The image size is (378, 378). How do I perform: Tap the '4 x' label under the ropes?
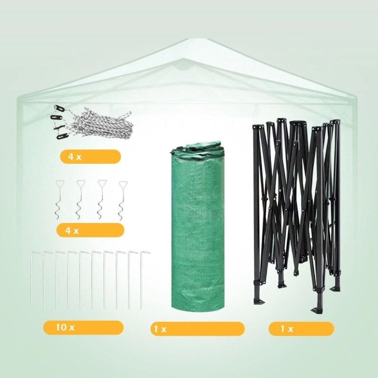(75, 157)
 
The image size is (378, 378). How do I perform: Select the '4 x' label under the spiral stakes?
(72, 231)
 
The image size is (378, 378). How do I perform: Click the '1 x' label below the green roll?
(160, 329)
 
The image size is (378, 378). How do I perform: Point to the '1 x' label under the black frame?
(287, 329)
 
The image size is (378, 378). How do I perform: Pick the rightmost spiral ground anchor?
(123, 201)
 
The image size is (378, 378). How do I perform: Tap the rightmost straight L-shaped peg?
(142, 280)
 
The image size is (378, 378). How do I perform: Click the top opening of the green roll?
(197, 148)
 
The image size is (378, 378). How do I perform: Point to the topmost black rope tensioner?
(58, 108)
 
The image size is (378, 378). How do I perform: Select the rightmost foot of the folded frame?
(335, 289)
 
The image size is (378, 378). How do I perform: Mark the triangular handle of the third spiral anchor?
(102, 184)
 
